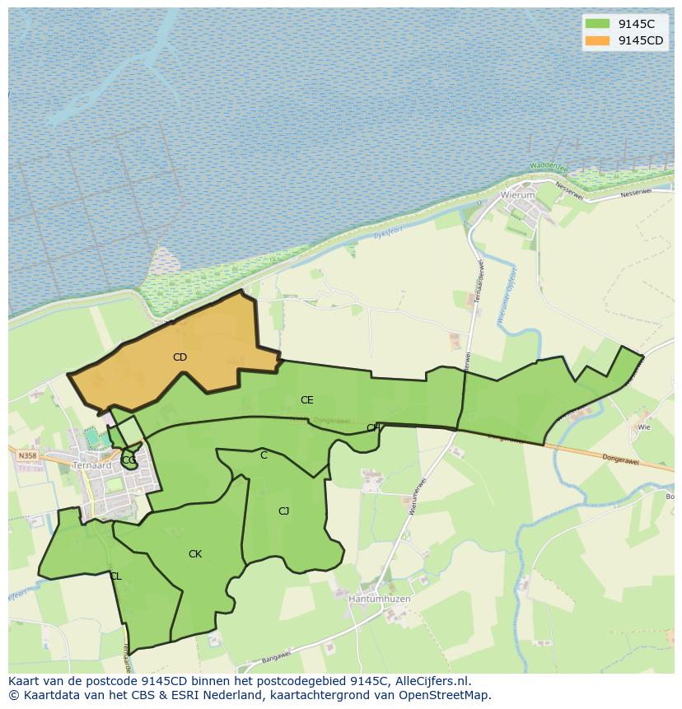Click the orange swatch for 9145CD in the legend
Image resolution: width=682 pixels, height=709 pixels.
(598, 40)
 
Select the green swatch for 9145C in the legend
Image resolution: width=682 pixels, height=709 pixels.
(598, 24)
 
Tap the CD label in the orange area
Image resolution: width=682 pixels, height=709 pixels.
(180, 357)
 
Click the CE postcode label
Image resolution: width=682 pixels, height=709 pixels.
(306, 400)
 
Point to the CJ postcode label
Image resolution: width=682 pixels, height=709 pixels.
(283, 511)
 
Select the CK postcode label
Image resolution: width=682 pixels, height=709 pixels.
(195, 554)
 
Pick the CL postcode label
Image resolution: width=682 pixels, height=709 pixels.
(115, 576)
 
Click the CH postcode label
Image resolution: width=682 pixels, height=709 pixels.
(373, 427)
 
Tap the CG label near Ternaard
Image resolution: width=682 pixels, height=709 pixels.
(128, 460)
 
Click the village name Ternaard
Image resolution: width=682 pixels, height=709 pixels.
(91, 464)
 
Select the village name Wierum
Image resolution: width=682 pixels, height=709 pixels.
(517, 196)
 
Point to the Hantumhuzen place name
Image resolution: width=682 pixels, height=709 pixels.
(379, 599)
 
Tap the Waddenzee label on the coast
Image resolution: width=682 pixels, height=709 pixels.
(549, 166)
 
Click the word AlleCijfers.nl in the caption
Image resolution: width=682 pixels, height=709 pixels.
(432, 681)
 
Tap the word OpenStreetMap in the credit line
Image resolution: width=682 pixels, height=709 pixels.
(444, 695)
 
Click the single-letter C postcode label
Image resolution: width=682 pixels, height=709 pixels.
(264, 455)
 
